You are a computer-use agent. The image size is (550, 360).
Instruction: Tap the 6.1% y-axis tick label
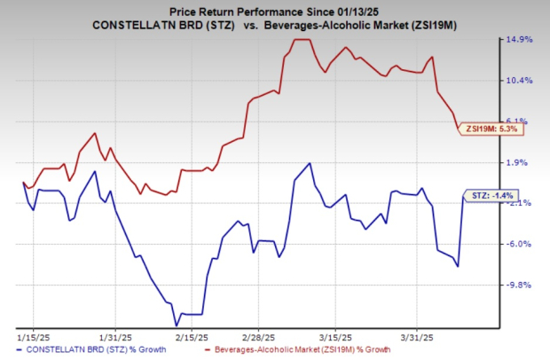[x=521, y=121]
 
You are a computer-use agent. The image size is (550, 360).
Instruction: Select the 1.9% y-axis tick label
[x=521, y=162]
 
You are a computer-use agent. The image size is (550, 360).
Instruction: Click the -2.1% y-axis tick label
[x=521, y=203]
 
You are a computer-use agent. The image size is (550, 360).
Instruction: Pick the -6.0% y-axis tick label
[x=521, y=244]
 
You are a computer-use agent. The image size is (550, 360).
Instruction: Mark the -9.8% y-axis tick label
[x=521, y=285]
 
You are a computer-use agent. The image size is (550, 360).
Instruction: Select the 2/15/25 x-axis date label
[x=190, y=338]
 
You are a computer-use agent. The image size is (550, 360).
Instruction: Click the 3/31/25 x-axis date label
[x=415, y=338]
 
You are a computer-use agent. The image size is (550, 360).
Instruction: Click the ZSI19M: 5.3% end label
[x=492, y=129]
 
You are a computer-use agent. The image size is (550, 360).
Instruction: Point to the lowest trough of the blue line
[x=177, y=325]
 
